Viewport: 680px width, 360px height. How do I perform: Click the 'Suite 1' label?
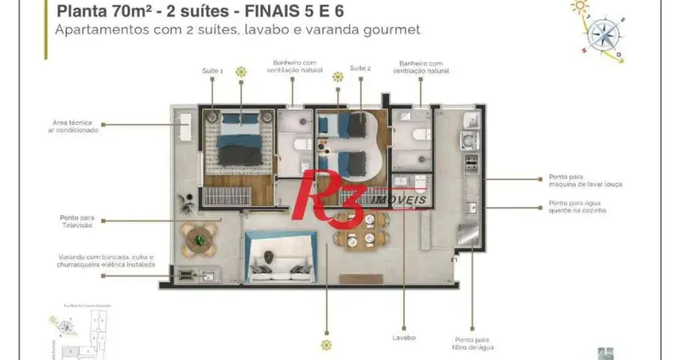click(x=212, y=71)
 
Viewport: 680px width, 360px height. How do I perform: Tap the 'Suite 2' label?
click(x=361, y=69)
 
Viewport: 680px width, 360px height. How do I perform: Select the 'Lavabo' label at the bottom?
click(x=403, y=337)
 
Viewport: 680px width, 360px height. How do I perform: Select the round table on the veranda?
click(x=198, y=235)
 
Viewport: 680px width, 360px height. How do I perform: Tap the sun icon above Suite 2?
click(x=338, y=77)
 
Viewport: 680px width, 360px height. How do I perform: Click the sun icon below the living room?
click(x=326, y=345)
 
